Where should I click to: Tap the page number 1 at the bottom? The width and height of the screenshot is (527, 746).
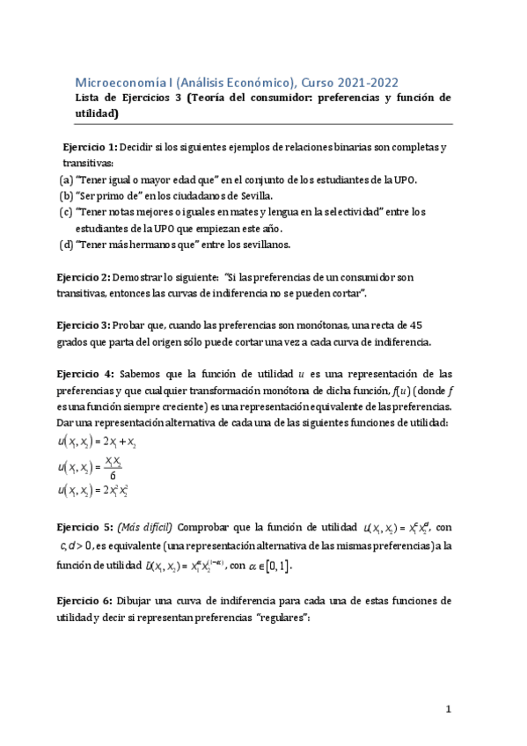(x=448, y=708)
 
